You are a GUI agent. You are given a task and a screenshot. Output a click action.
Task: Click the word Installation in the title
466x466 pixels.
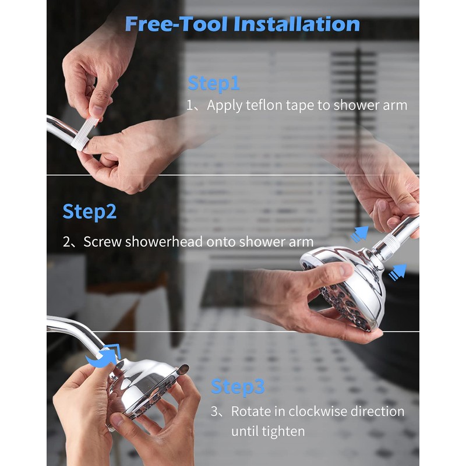297,24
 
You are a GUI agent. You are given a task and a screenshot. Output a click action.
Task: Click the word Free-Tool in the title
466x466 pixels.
177,24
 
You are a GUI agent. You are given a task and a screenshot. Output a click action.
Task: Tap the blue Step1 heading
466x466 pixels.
213,83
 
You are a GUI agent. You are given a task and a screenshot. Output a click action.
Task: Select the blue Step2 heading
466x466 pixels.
90,212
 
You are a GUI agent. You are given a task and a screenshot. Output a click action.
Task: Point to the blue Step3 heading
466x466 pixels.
238,387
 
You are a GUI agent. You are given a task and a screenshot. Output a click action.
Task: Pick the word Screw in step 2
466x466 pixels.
103,242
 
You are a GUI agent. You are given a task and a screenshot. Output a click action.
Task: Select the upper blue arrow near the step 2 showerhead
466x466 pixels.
359,234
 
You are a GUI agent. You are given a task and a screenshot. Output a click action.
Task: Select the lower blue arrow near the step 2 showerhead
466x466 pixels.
398,272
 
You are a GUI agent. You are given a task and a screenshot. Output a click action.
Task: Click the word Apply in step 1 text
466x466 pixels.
224,106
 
